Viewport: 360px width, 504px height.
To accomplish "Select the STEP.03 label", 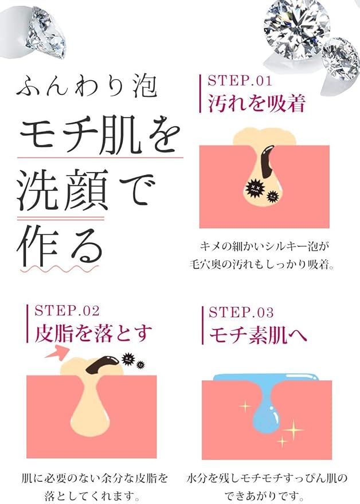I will [x=241, y=312].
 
